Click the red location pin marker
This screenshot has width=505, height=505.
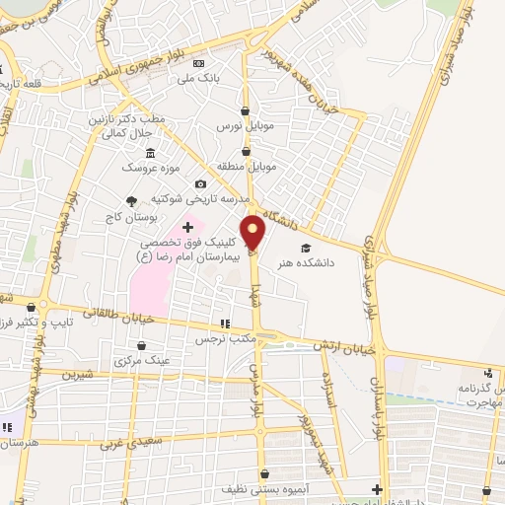[x=253, y=233]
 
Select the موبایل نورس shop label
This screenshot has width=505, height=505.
[x=244, y=128]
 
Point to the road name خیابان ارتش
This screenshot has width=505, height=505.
[x=346, y=346]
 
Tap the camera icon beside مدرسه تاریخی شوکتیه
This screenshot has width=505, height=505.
[x=201, y=184]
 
